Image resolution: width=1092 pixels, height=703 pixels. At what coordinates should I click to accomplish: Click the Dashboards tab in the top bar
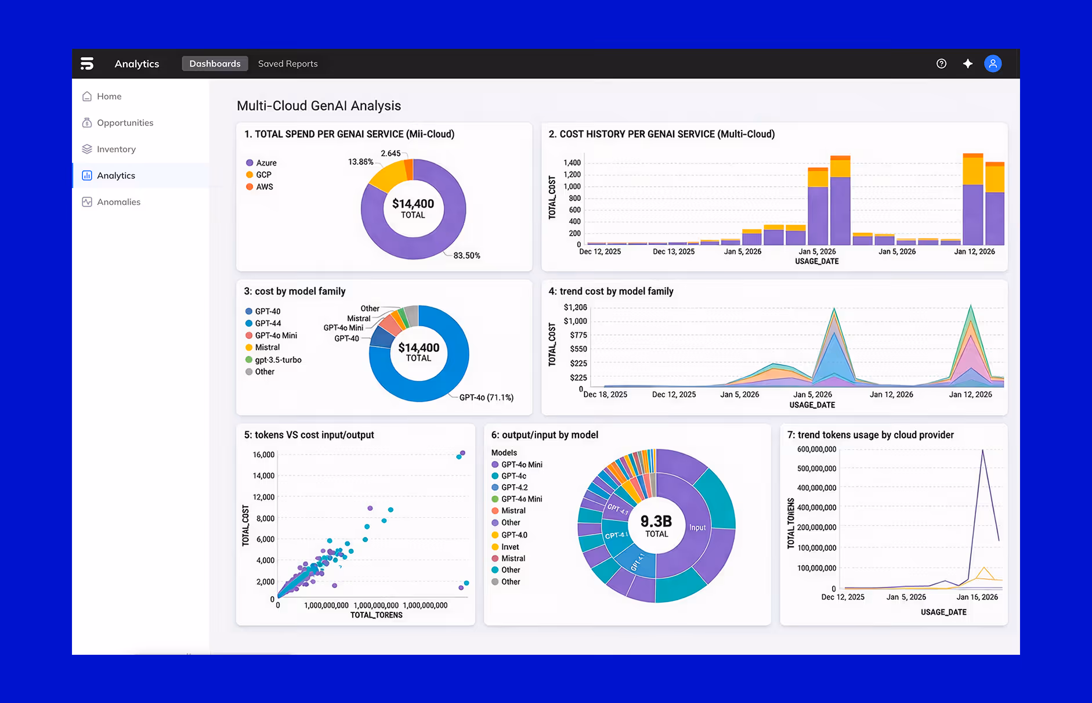215,64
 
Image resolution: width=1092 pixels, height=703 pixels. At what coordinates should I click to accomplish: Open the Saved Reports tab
288,64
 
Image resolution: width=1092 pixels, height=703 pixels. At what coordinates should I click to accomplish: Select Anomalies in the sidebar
118,202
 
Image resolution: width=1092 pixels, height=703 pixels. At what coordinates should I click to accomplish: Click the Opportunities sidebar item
125,122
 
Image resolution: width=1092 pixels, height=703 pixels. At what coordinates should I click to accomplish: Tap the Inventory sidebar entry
116,149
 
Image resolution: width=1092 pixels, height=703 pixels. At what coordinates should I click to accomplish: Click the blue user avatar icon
993,64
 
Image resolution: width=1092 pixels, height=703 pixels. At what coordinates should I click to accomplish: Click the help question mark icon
941,64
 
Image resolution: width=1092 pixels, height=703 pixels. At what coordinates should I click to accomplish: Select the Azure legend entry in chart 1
266,163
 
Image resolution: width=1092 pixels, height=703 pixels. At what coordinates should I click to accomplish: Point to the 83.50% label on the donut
467,255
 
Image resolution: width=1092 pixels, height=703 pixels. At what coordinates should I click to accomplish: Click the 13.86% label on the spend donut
360,162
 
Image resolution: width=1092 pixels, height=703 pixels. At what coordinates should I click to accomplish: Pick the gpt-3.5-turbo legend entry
278,360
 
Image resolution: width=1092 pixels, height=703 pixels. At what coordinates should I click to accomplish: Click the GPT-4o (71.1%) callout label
486,398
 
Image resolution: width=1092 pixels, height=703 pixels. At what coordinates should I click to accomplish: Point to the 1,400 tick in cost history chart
572,163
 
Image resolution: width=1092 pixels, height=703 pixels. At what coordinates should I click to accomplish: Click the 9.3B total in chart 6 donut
656,521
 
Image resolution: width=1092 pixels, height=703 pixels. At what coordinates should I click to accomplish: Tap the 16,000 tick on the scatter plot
263,455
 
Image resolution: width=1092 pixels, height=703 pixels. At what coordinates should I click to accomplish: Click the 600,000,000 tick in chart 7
816,449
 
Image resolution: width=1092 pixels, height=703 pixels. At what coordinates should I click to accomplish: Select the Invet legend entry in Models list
510,547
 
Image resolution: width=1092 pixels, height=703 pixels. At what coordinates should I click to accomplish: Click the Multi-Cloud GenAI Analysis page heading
319,106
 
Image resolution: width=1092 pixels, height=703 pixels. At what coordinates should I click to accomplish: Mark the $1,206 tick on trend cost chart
575,308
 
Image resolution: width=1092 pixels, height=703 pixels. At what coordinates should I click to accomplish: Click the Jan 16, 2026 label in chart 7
977,597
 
